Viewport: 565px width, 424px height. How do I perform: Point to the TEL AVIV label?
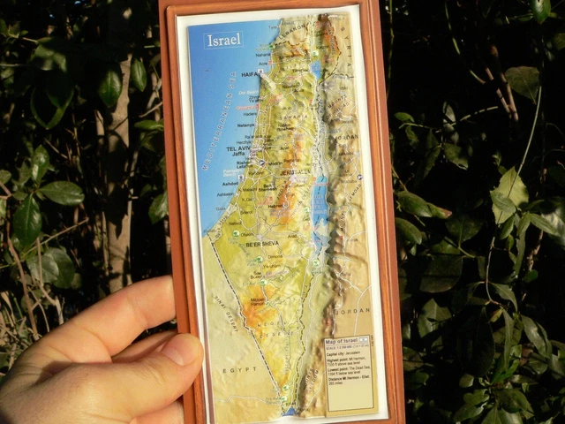point(240,150)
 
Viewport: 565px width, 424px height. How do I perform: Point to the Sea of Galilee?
point(316,70)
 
